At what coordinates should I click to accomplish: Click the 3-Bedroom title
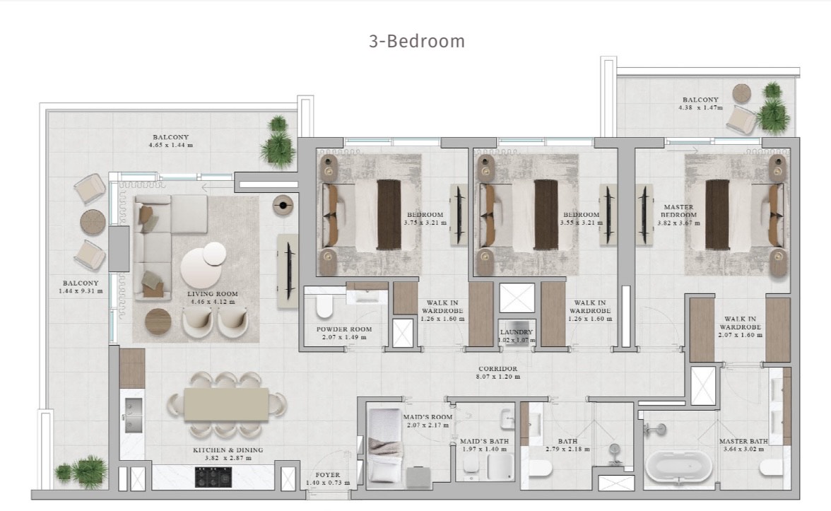tap(417, 41)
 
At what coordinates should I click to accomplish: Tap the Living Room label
tap(213, 294)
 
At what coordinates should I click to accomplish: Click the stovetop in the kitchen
tap(213, 476)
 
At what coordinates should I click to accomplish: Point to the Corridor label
tap(497, 368)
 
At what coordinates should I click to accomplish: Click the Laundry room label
tap(516, 332)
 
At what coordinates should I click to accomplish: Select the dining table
tap(226, 404)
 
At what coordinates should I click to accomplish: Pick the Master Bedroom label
tap(678, 211)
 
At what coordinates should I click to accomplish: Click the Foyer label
tap(328, 475)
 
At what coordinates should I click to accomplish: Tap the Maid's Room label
tap(428, 417)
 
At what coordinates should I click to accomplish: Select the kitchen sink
tap(133, 415)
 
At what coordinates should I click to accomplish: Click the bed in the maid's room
tap(385, 445)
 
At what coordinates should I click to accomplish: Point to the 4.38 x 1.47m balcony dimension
tap(700, 107)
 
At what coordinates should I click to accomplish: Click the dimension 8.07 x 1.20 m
tap(497, 377)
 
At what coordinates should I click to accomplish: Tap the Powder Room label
tap(344, 329)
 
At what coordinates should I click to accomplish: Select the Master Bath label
tap(743, 441)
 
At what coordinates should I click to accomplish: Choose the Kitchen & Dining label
tap(228, 450)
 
